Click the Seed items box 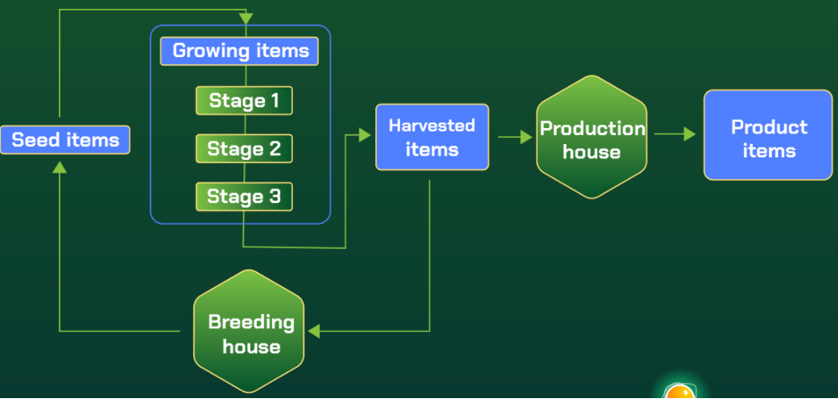point(65,140)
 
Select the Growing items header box point(240,51)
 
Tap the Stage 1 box point(244,101)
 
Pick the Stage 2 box point(244,149)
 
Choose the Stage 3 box point(244,196)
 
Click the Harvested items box point(432,137)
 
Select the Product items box point(768,135)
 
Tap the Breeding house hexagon point(249,332)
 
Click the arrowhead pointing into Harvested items point(364,135)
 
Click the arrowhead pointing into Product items point(688,134)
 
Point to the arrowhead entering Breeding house point(313,331)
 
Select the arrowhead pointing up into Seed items point(59,167)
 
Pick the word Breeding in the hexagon point(251,321)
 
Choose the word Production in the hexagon point(592,128)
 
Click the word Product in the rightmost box point(768,126)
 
